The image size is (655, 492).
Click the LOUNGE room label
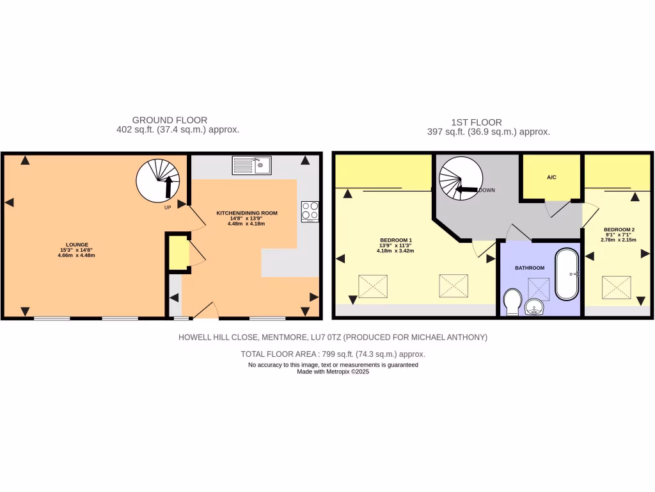click(x=75, y=245)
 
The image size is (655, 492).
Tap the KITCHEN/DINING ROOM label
click(x=246, y=213)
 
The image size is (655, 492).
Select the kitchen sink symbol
click(x=252, y=165)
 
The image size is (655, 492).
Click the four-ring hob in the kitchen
click(x=310, y=211)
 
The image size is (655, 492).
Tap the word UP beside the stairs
click(x=168, y=208)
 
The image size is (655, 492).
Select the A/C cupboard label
click(x=551, y=177)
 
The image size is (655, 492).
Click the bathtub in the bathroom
click(x=567, y=274)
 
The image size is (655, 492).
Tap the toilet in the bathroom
click(x=512, y=302)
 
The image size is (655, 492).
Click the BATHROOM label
click(x=531, y=268)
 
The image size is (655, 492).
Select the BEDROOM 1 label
click(x=395, y=240)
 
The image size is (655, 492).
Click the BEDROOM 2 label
click(x=619, y=229)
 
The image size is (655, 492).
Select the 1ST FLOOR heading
click(x=476, y=122)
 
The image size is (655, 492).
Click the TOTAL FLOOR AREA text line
click(x=333, y=354)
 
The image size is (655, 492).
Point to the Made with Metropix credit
click(x=333, y=371)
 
